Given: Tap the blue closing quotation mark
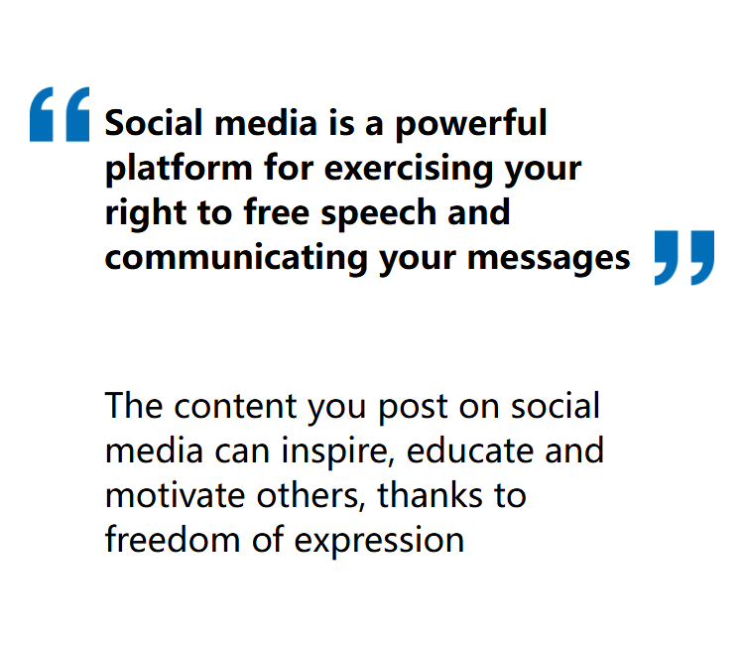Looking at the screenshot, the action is (684, 258).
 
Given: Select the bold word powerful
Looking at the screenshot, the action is (471, 124).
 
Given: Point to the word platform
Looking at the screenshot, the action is (179, 169).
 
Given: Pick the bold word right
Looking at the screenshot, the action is (145, 213).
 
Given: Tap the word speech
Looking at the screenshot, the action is (379, 213).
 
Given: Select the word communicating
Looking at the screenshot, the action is (236, 258).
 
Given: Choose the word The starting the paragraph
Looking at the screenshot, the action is (134, 406).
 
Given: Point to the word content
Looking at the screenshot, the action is (236, 407).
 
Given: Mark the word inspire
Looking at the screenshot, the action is (338, 451).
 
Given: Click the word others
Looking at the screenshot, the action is (311, 495).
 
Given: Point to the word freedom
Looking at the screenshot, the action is (173, 540).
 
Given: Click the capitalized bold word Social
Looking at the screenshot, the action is (154, 123).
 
